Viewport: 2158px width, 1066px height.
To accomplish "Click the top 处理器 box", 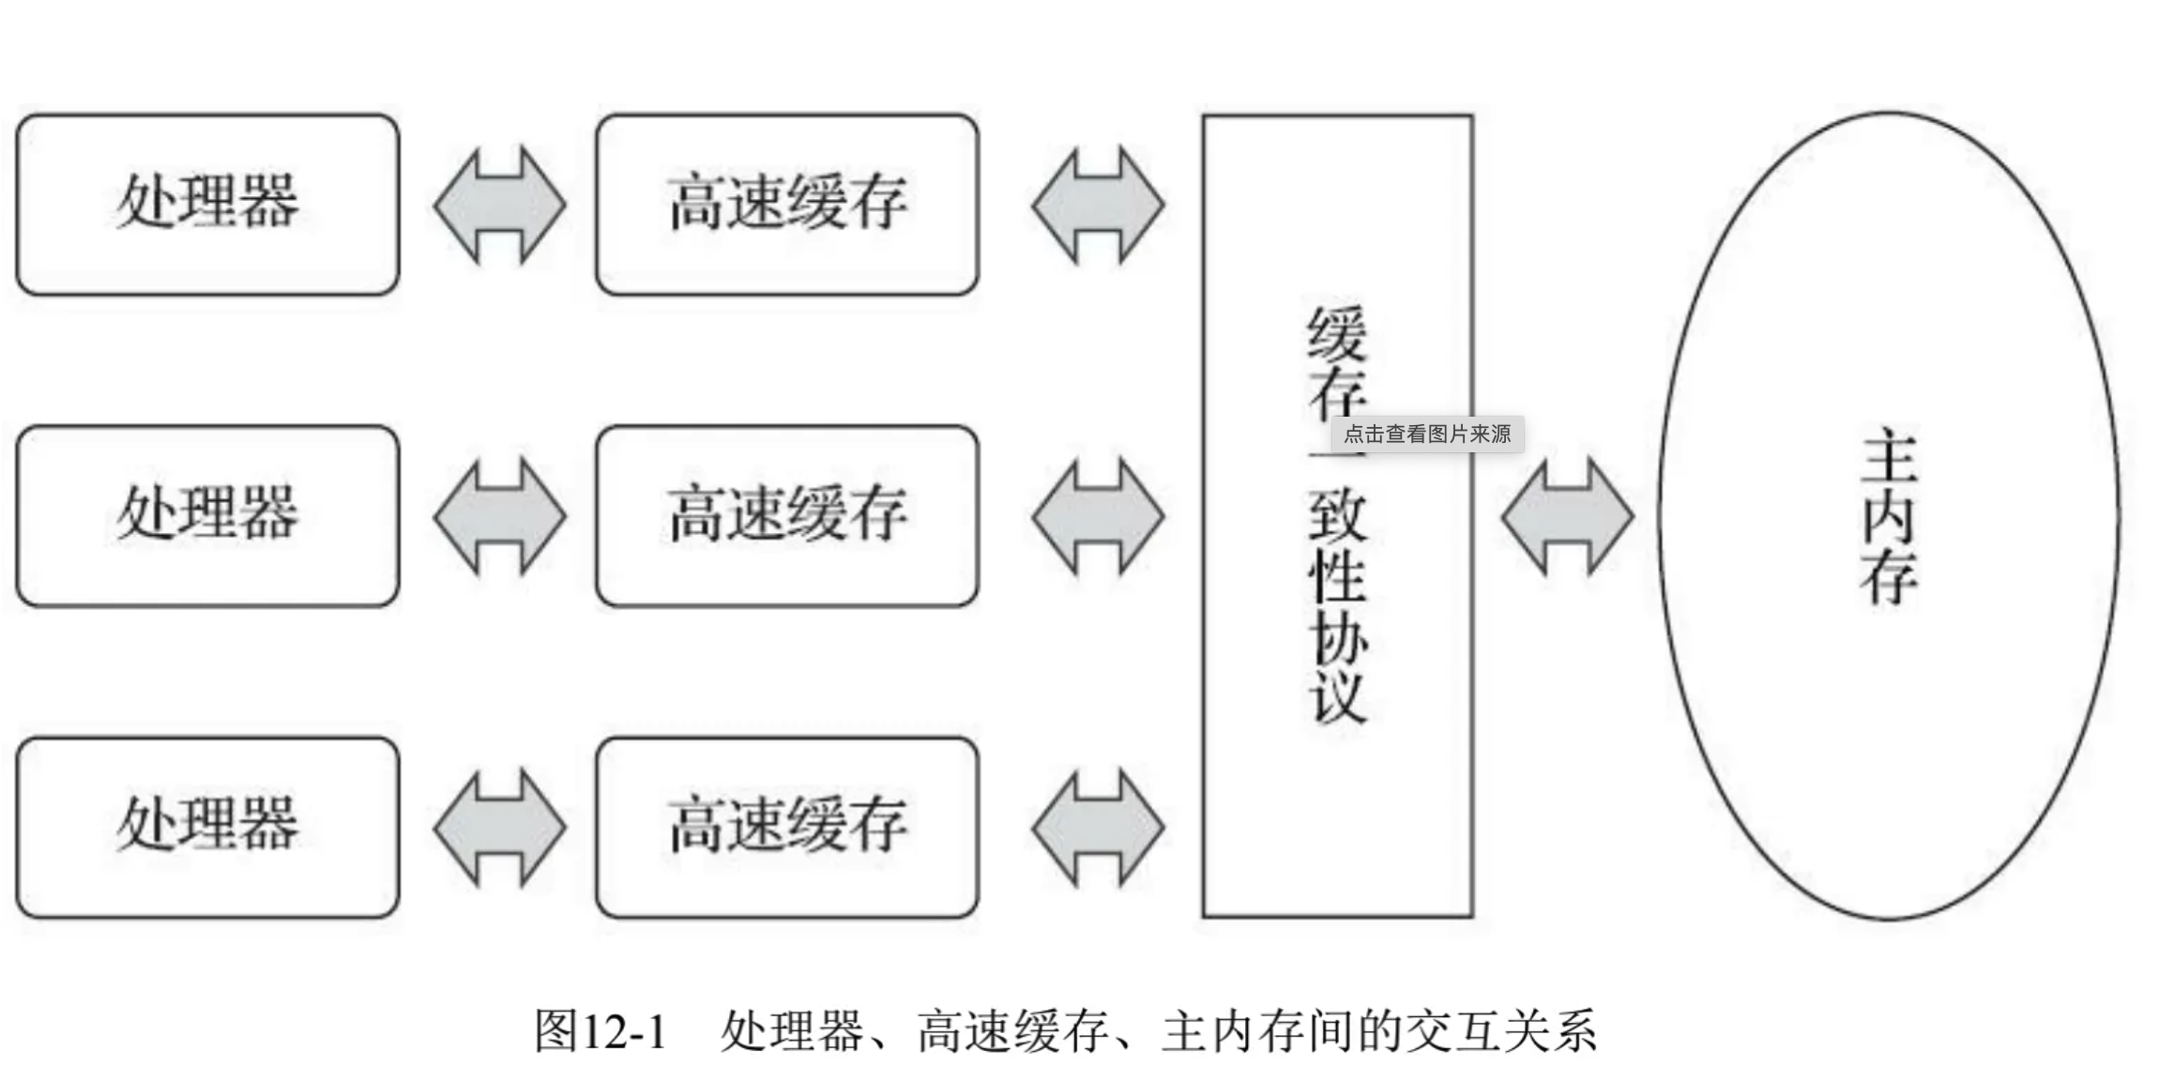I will pyautogui.click(x=207, y=204).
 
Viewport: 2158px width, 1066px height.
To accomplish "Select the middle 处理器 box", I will pyautogui.click(x=207, y=515).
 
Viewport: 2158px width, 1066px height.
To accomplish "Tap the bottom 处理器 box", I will pyautogui.click(x=207, y=827).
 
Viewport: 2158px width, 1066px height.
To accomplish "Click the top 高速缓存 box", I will pyautogui.click(x=786, y=204).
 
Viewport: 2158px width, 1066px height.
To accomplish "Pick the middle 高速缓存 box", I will pyautogui.click(x=786, y=515).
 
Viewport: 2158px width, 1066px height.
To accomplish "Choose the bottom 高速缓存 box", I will pyautogui.click(x=786, y=827).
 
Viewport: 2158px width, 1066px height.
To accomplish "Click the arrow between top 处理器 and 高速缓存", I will pyautogui.click(x=499, y=205).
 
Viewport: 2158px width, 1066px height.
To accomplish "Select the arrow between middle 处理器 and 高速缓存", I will pyautogui.click(x=499, y=516).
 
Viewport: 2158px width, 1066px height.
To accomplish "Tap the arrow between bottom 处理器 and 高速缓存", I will pyautogui.click(x=499, y=828).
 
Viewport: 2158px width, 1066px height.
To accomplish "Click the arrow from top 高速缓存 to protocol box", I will pyautogui.click(x=1098, y=205).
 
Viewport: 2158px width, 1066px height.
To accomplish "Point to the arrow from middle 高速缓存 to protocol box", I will pyautogui.click(x=1098, y=516).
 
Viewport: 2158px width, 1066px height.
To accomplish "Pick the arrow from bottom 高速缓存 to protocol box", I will pyautogui.click(x=1098, y=828).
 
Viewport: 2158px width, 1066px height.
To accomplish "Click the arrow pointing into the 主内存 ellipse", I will pyautogui.click(x=1567, y=516).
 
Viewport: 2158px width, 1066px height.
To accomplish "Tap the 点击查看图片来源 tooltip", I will pyautogui.click(x=1427, y=434).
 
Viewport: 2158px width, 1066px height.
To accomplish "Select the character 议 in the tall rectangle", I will pyautogui.click(x=1338, y=695).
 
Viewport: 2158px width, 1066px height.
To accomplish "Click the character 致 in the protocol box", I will pyautogui.click(x=1338, y=515).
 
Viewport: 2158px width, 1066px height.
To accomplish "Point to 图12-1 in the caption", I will pyautogui.click(x=600, y=1030).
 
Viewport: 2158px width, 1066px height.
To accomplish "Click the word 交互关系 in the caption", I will pyautogui.click(x=1502, y=1030).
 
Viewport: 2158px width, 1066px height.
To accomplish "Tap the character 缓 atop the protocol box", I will pyautogui.click(x=1338, y=333).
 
